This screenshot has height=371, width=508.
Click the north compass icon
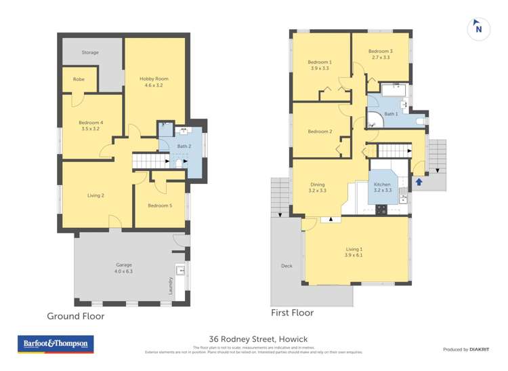click(x=479, y=28)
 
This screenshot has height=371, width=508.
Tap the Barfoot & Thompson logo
click(x=55, y=345)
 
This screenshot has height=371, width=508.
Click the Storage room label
click(x=90, y=52)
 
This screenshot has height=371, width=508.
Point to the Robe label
click(x=79, y=79)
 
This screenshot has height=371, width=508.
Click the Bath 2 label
click(x=183, y=146)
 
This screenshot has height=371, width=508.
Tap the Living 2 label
click(x=96, y=195)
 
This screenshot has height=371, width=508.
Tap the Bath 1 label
click(x=391, y=114)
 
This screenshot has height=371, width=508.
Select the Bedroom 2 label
click(x=320, y=132)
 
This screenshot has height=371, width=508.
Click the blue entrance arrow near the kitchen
click(x=419, y=182)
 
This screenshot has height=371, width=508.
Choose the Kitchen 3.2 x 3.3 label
click(x=383, y=188)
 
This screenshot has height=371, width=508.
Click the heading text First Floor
click(x=292, y=313)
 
